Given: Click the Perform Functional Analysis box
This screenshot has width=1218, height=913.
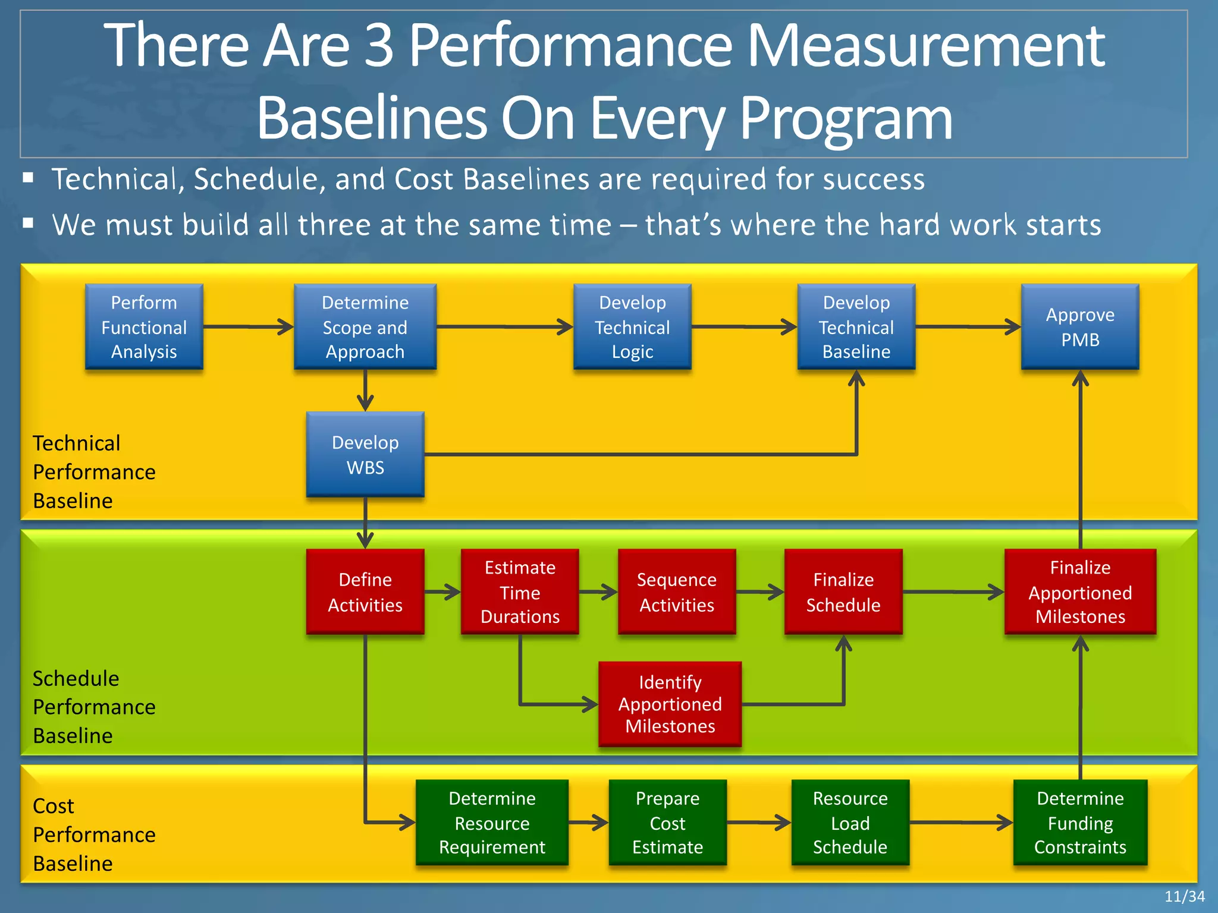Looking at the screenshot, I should [144, 327].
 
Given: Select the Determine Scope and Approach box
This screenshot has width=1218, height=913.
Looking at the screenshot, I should [365, 327].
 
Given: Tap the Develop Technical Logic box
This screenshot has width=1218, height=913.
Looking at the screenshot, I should [632, 327].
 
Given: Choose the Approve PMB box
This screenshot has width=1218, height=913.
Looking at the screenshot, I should [1080, 327].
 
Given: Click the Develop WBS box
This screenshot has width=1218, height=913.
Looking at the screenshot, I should [365, 455].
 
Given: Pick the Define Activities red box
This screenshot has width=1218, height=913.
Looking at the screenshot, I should [365, 592].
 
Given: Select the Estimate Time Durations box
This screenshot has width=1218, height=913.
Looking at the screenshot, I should [520, 592].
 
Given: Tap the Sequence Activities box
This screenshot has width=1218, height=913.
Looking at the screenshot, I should [677, 592].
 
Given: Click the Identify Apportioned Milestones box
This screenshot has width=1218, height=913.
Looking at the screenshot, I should [670, 704].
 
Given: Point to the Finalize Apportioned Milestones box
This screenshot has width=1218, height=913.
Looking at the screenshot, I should [1080, 592].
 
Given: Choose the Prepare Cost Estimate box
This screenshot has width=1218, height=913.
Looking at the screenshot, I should [667, 823].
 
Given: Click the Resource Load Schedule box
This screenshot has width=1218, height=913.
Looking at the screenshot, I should [850, 823].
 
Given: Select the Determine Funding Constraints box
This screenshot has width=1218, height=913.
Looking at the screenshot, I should [1080, 823].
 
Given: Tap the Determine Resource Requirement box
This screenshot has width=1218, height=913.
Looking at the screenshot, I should [492, 823].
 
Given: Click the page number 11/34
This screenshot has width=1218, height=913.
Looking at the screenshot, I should [1184, 896].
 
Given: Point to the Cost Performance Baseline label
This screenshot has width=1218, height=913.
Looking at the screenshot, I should [94, 835].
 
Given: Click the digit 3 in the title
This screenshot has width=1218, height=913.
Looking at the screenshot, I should [379, 46].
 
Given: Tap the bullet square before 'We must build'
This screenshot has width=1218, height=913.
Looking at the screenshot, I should [28, 223].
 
